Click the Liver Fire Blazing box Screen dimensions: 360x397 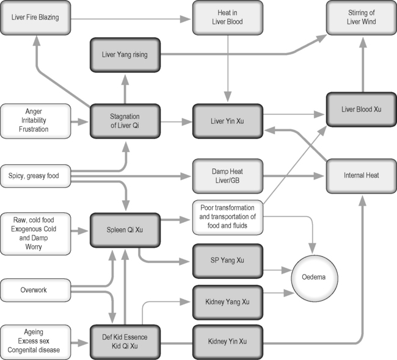point(35,18)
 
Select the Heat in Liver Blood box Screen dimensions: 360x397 point(228,18)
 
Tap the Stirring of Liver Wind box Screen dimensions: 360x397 point(360,18)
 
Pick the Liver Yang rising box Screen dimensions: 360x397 point(125,55)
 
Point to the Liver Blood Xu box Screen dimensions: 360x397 point(360,110)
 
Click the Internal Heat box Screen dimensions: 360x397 point(360,176)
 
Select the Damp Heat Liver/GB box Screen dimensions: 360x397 point(228,176)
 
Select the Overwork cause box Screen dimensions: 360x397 point(35,290)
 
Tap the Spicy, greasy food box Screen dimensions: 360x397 point(35,176)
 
